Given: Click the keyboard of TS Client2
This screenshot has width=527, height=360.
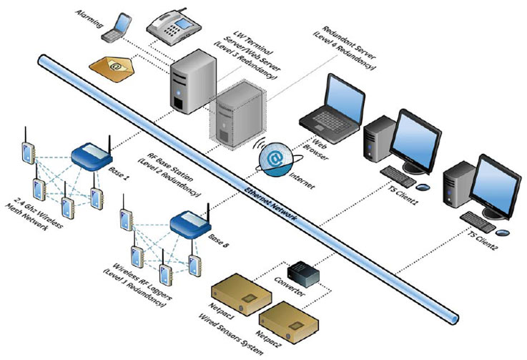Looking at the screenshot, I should tap(478, 218).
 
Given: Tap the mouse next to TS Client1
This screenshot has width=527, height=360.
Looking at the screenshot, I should tap(423, 187).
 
